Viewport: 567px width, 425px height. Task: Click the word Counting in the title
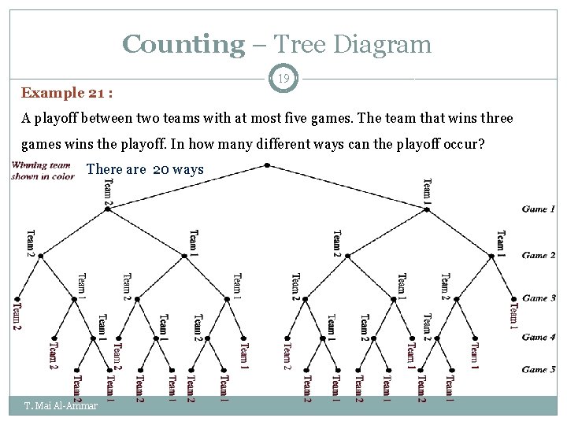click(183, 44)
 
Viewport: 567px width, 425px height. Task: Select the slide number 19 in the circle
click(283, 78)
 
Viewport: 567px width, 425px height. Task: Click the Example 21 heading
click(67, 93)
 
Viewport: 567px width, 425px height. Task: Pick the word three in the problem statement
click(494, 119)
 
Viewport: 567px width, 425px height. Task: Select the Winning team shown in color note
click(43, 171)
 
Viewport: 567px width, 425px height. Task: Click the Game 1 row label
click(539, 209)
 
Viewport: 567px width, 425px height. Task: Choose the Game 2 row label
click(539, 255)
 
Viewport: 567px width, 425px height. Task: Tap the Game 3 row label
click(539, 297)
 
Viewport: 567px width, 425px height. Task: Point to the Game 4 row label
click(539, 337)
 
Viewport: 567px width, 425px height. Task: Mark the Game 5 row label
click(539, 369)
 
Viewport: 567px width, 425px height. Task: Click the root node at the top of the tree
click(268, 165)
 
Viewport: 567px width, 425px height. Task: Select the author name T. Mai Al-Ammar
click(61, 406)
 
